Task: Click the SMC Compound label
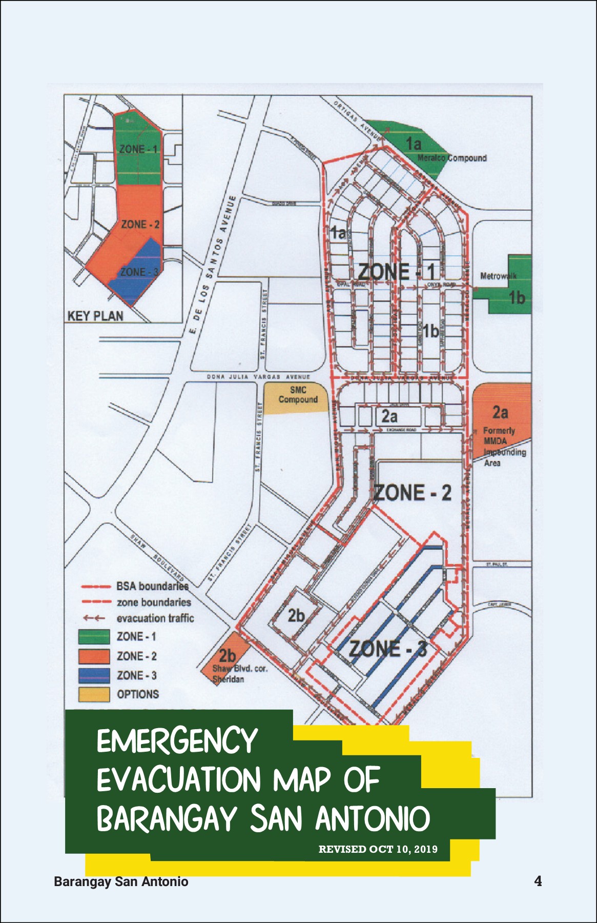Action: [298, 395]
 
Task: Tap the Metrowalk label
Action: [498, 276]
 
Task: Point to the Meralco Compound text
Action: [451, 158]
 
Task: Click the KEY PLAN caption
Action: [95, 316]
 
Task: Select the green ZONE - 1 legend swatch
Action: [94, 637]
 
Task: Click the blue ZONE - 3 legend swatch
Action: [94, 675]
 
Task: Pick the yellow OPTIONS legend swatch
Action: [94, 694]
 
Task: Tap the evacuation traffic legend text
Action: [155, 618]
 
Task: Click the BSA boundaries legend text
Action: [152, 586]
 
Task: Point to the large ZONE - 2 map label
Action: [413, 493]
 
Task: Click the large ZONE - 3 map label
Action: [387, 649]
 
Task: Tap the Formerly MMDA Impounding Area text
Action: [503, 447]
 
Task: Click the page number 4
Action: [538, 881]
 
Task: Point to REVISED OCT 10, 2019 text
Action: [378, 849]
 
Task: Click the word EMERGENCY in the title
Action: [177, 741]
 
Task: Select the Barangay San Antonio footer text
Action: [121, 882]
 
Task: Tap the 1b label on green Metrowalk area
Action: [517, 297]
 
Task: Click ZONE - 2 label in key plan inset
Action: [140, 225]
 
